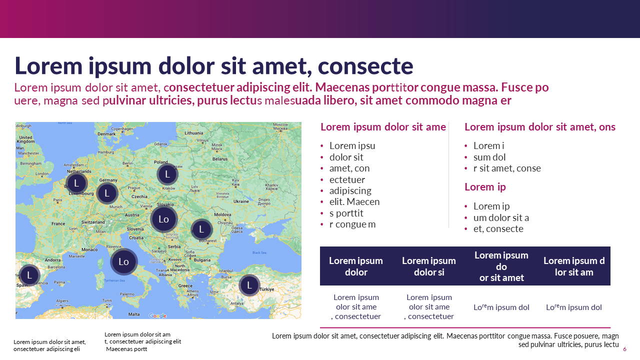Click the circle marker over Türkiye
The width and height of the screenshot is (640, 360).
[249, 285]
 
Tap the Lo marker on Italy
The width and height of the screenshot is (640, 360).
[123, 261]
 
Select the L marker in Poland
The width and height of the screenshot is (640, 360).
[167, 174]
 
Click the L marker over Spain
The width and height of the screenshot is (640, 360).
[29, 275]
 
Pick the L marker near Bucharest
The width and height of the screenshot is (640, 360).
[201, 229]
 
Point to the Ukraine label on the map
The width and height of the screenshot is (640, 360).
[241, 201]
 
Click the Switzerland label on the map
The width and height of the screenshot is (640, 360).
[93, 222]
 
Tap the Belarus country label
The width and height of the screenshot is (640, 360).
[220, 159]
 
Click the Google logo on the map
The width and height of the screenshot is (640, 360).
[157, 315]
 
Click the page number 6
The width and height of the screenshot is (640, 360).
[624, 349]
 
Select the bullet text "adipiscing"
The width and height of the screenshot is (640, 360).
[350, 190]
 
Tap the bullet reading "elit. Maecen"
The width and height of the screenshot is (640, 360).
[354, 202]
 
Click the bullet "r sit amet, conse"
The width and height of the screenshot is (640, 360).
[507, 168]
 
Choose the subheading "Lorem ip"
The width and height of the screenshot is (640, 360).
[485, 187]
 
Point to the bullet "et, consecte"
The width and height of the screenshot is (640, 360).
[498, 229]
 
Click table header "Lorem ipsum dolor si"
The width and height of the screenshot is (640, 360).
[429, 266]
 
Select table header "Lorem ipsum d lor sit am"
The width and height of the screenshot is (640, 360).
[574, 266]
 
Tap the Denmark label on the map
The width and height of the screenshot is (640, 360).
[106, 134]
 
